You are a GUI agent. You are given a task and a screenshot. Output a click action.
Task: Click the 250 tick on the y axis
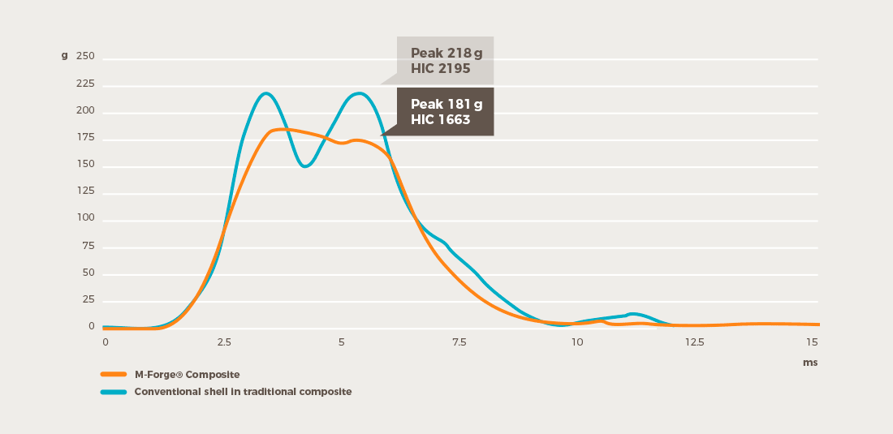85,57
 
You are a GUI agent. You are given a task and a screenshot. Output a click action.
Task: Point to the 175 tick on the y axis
85,138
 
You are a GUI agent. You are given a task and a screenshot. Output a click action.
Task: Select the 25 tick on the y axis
88,300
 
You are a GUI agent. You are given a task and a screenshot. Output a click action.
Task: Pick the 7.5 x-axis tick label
459,342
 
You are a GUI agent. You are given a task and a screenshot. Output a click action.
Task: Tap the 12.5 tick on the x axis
694,342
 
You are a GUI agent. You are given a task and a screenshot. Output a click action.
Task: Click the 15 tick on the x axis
812,342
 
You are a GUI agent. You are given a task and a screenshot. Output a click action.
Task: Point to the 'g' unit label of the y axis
64,56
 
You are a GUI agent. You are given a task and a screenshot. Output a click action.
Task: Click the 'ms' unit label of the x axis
809,363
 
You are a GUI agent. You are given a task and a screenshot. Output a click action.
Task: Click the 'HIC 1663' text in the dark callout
440,119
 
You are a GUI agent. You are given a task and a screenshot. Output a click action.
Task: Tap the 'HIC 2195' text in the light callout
440,69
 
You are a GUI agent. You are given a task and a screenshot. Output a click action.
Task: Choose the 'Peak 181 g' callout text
446,104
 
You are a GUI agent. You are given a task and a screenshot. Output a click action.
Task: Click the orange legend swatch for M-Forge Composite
113,374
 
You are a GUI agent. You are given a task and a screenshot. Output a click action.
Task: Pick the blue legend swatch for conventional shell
113,392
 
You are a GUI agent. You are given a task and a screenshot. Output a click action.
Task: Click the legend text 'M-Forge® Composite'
187,374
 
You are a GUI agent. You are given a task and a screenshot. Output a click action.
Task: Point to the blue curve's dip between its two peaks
305,166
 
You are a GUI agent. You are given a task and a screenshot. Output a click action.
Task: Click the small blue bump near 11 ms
633,314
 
